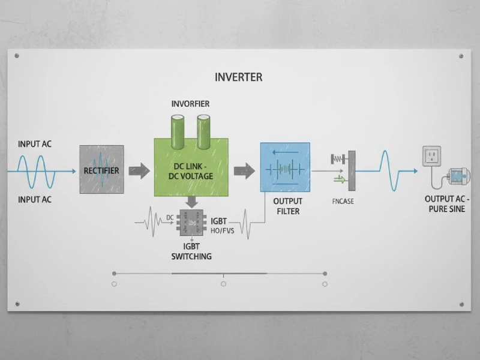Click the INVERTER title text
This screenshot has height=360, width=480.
(238, 77)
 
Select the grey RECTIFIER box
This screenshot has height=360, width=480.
(101, 169)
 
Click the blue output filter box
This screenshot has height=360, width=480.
(285, 167)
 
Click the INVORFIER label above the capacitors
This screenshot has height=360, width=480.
(190, 104)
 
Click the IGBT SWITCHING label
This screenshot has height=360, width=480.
(191, 251)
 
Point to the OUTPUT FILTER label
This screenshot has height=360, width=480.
(287, 206)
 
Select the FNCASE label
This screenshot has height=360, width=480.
(343, 202)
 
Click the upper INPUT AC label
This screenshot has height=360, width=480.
(34, 144)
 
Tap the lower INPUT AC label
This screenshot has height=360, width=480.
(34, 199)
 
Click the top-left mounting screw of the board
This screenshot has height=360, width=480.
(17, 56)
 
